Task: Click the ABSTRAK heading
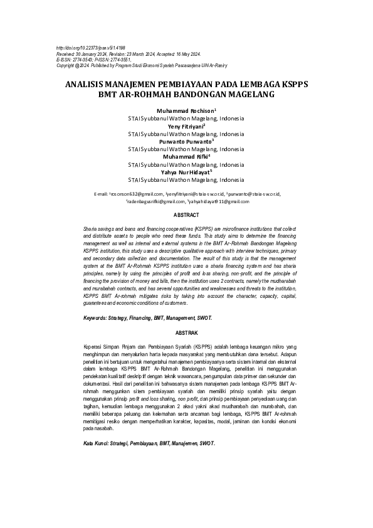pyautogui.click(x=186, y=332)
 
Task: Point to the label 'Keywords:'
pyautogui.click(x=98, y=319)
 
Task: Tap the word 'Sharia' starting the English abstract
pyautogui.click(x=92, y=231)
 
